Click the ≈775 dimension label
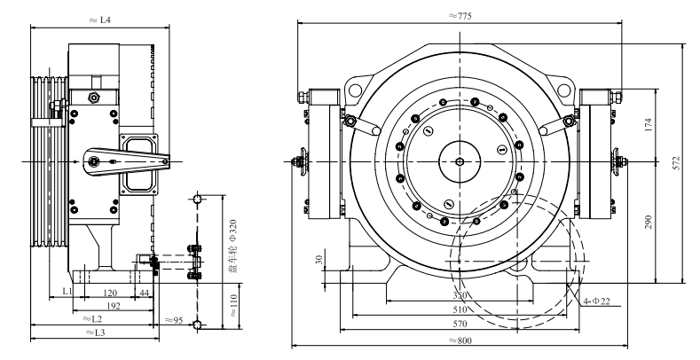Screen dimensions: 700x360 [x=460, y=16]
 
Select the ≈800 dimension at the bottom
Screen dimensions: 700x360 [x=460, y=340]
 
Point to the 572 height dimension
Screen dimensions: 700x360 [x=676, y=163]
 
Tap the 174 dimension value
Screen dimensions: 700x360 [x=649, y=124]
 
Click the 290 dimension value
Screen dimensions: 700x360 [x=649, y=222]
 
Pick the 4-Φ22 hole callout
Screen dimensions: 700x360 [x=597, y=301]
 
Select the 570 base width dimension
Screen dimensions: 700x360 [x=460, y=324]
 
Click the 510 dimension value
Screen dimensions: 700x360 [x=460, y=309]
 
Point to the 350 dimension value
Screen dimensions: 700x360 [x=460, y=295]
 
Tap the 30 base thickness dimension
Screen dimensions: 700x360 [x=319, y=260]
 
